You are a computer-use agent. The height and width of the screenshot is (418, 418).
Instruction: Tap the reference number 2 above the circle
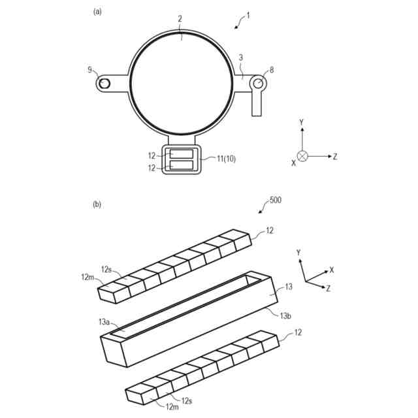(180, 20)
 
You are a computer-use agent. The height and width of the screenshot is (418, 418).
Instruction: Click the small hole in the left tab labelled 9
(104, 84)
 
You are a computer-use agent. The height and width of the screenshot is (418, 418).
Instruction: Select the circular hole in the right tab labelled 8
(259, 83)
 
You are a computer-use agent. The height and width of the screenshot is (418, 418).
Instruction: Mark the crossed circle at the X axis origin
(302, 156)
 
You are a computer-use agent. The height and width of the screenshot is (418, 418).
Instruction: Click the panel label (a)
(98, 11)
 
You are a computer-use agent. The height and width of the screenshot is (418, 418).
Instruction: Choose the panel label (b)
(97, 204)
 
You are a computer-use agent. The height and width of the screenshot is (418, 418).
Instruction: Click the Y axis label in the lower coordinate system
(298, 252)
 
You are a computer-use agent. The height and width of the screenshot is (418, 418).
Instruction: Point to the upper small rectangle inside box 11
(182, 154)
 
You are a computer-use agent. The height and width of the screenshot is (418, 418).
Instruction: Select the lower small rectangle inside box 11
(182, 166)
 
